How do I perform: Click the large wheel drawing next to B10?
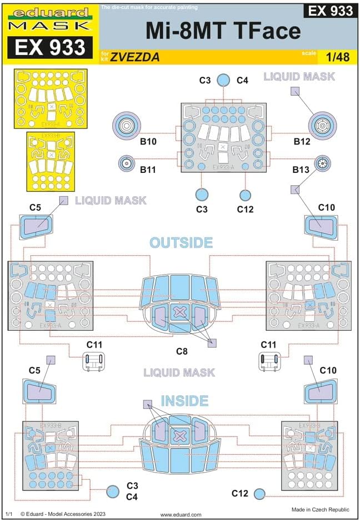click(128, 126)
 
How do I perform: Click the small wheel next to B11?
click(128, 163)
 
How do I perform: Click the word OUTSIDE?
click(181, 243)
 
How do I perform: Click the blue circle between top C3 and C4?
click(222, 81)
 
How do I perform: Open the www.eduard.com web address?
click(181, 515)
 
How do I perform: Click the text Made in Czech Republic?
click(320, 509)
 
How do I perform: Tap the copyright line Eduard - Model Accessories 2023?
click(62, 515)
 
